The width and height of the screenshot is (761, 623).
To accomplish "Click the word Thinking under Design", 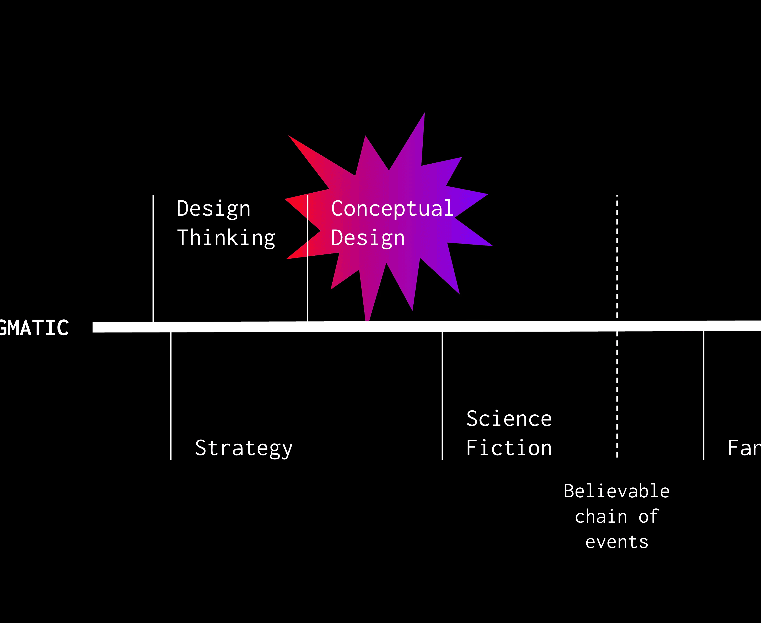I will pos(226,238).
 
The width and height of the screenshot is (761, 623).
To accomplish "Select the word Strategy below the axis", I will pos(244,448).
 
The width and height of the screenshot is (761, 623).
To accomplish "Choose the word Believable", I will pos(616,491).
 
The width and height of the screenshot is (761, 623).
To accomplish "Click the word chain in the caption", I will pos(601,517).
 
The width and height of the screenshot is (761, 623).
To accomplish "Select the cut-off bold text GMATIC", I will pos(34,328).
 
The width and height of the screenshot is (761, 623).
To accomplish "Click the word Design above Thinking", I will pos(213,209).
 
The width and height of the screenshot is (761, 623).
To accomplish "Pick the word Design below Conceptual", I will pos(368,238).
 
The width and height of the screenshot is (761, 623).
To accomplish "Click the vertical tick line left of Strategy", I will pos(171,395).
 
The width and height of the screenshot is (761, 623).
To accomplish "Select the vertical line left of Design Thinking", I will pos(153,258).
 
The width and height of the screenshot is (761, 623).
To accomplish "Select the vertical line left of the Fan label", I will pos(704,395).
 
